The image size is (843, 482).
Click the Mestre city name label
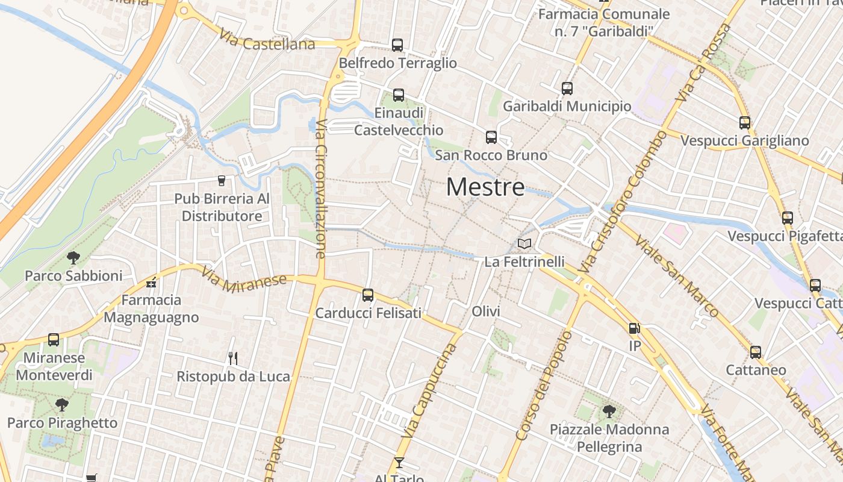(x=485, y=187)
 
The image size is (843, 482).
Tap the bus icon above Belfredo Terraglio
(x=397, y=45)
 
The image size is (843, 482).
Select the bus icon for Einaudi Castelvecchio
(x=399, y=95)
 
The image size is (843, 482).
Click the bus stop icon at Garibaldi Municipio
(x=567, y=89)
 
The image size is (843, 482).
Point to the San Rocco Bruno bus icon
(x=491, y=137)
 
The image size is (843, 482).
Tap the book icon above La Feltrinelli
(x=524, y=244)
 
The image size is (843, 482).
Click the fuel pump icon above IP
(x=634, y=328)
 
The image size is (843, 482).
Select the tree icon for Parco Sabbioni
(x=73, y=258)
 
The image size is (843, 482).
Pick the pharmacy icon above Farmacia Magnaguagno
(x=151, y=282)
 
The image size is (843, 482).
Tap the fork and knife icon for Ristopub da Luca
(x=233, y=358)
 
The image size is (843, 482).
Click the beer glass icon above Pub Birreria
(x=222, y=180)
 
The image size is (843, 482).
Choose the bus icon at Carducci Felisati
(x=368, y=295)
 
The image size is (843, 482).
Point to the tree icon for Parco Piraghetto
(x=61, y=405)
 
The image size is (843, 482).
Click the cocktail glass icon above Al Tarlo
(x=399, y=463)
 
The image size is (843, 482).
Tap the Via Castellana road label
(x=267, y=40)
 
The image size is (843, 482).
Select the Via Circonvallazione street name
(x=321, y=189)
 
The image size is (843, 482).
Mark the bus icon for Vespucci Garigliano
(x=745, y=123)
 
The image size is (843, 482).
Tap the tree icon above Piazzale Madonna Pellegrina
(x=609, y=412)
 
